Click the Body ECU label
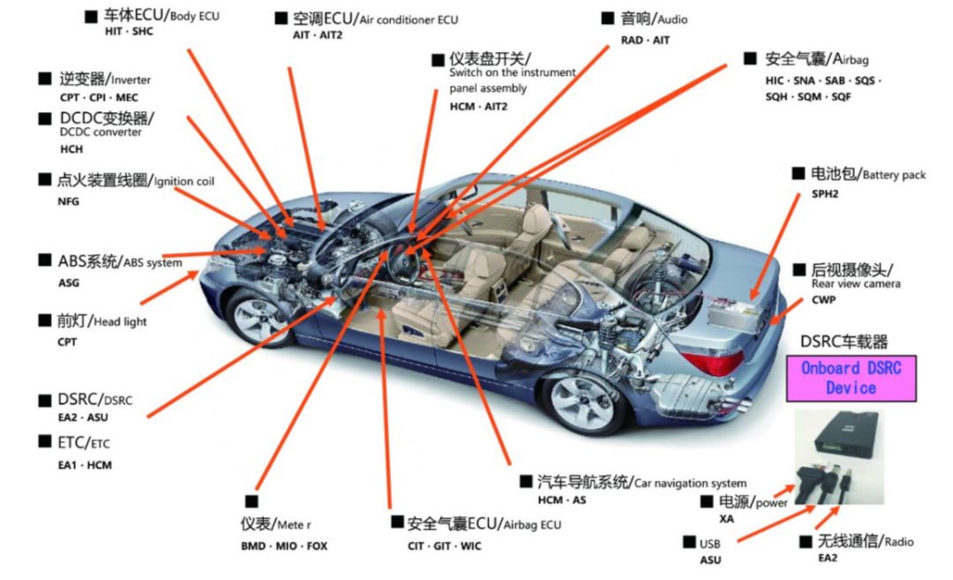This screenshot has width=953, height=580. click(x=160, y=17)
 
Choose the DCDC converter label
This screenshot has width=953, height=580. click(x=106, y=118)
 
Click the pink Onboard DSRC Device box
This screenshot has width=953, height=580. click(x=851, y=377)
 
